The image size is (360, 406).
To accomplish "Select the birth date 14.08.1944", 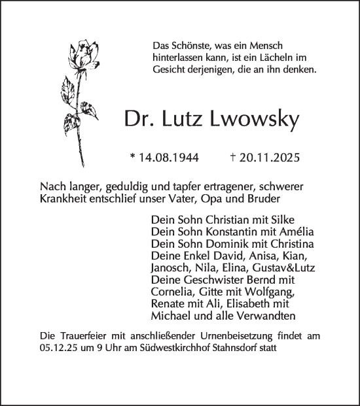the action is pos(171,158).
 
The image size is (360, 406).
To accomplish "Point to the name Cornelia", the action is pos(173,292).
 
